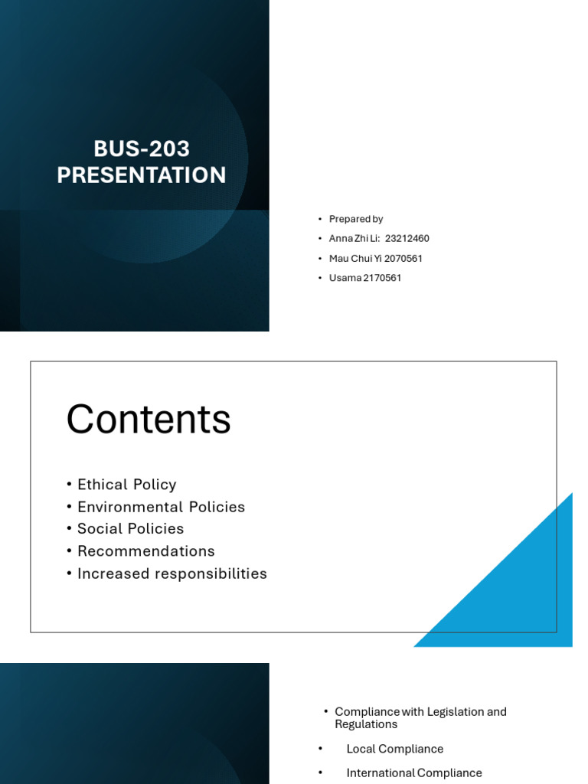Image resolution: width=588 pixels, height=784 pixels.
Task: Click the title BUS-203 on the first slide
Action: tap(142, 149)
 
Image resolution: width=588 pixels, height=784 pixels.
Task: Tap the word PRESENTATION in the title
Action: tap(142, 175)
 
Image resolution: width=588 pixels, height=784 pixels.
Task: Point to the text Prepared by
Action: tap(356, 219)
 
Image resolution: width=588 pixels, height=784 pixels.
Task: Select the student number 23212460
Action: tap(407, 239)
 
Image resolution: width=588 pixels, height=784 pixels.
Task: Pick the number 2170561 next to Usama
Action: tap(382, 278)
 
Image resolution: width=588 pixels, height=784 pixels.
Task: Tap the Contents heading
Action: tap(149, 420)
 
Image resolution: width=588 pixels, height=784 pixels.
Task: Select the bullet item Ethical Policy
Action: tap(126, 485)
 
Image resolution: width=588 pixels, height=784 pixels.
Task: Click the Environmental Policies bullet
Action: tap(161, 507)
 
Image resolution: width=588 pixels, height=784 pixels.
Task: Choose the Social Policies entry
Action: tap(130, 529)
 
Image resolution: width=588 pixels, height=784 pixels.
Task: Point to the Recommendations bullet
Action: tap(145, 551)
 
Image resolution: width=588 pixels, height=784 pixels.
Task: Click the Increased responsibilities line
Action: tap(171, 573)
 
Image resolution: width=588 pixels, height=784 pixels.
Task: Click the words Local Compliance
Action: tap(395, 749)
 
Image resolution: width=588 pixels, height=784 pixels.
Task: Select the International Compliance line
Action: tap(414, 773)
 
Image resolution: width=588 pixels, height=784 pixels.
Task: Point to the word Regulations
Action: tap(366, 724)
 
